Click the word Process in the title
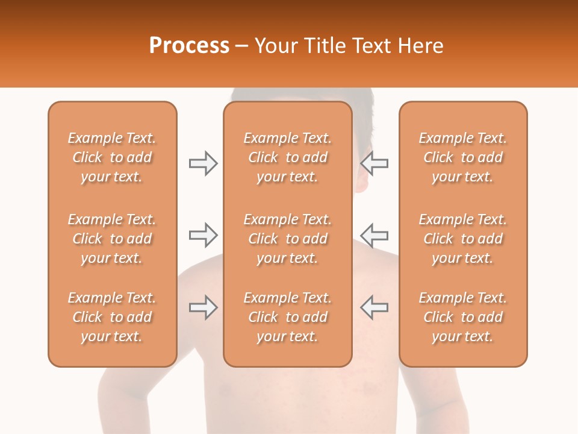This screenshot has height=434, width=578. pos(189,46)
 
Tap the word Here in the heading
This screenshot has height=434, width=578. pos(420,46)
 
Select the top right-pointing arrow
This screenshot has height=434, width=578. pos(204,163)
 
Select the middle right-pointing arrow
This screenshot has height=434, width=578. pos(204,235)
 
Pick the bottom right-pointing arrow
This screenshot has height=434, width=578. pos(204,307)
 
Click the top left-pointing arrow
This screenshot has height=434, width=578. pos(374,163)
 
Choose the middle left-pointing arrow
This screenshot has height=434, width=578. pos(374,235)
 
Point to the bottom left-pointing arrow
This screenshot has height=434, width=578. pos(374,307)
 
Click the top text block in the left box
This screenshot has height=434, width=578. pos(112,157)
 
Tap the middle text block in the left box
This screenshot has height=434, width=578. pos(112,239)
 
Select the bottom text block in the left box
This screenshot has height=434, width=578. pos(112,317)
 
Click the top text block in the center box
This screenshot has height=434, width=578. pos(287,157)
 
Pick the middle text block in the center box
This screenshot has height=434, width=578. pos(287,239)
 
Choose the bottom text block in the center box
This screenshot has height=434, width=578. pos(287,317)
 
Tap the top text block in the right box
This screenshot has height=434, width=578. pos(463,157)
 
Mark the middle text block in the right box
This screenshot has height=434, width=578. pos(463,239)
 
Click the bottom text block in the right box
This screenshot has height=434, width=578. pos(463,317)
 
